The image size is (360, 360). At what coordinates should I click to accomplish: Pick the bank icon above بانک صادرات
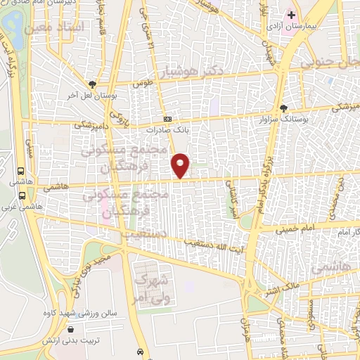click(x=167, y=120)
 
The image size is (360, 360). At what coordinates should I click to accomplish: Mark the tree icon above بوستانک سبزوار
click(x=283, y=109)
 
